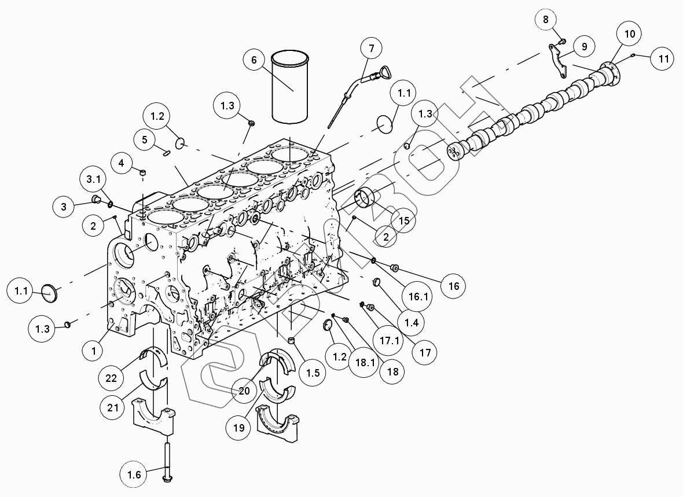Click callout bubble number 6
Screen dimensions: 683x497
[254, 60]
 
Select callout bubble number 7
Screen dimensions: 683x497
[371, 47]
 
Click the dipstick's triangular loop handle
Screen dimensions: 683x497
[384, 73]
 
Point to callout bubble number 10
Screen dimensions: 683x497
[629, 34]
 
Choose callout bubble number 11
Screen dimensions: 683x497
[663, 58]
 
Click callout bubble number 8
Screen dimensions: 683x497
[545, 19]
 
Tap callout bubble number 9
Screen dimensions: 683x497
[583, 46]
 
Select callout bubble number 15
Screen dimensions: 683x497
[403, 220]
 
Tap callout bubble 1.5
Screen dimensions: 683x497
[313, 373]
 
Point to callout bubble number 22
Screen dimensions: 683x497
[112, 378]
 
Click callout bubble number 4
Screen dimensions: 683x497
[121, 163]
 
